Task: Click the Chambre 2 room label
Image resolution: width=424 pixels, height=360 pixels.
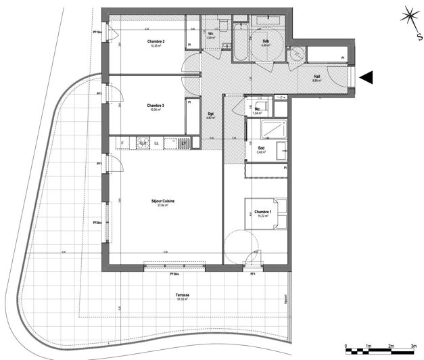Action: (x=156, y=42)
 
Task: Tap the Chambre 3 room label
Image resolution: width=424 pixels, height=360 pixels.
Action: (x=156, y=106)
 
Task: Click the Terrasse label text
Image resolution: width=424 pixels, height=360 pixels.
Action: (x=181, y=296)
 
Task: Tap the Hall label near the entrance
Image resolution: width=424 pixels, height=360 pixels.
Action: (x=316, y=76)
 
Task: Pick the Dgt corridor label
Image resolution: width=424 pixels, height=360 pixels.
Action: (x=210, y=113)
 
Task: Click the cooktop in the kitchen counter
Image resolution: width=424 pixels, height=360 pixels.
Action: (x=143, y=143)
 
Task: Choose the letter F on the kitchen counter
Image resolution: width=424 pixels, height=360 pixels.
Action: (x=122, y=143)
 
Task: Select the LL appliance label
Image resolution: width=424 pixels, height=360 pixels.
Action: (x=157, y=143)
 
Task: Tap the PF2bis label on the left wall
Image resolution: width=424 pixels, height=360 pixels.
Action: (x=97, y=223)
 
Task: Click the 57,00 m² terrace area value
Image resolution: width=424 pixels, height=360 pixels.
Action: (x=181, y=300)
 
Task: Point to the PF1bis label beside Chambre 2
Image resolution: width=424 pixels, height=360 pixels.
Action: (x=97, y=32)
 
